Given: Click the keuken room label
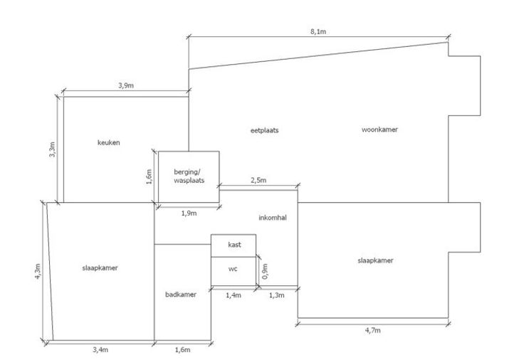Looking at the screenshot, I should point(108,143).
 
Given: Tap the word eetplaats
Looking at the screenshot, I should point(264,131).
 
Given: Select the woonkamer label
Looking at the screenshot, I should point(379,130).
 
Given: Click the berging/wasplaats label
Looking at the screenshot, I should point(189,176).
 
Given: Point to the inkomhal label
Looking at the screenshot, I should point(272,218).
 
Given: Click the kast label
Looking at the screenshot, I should point(234,245).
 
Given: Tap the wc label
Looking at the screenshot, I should point(233,270).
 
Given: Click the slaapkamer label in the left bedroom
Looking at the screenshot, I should point(100,268).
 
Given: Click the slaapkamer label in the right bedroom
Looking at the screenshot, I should point(375,260).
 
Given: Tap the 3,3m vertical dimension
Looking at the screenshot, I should point(53,149).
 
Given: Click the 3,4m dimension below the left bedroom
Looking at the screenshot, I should point(100,350).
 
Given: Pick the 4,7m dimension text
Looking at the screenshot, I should point(372,331).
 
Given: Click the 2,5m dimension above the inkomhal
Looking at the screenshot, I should point(258,181).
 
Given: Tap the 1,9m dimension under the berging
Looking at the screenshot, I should point(189,213).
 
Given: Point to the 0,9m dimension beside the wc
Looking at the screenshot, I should point(265,270).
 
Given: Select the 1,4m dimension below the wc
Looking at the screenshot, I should point(233,295).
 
